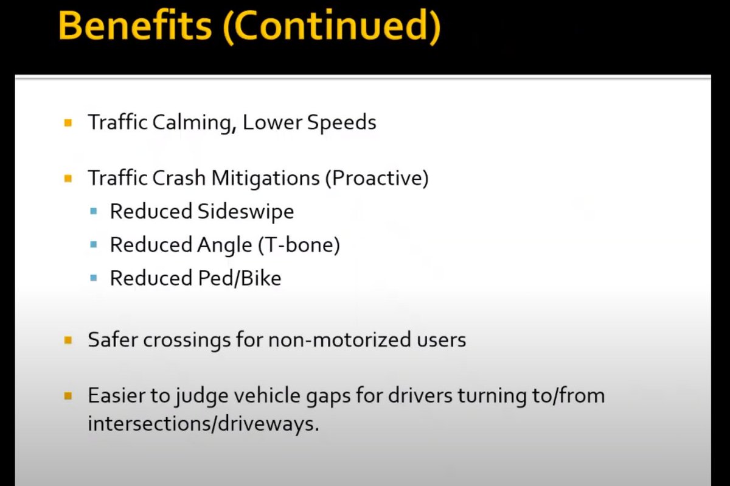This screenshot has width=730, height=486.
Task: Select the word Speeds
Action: (x=341, y=122)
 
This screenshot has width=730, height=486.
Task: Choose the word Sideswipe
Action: (x=245, y=211)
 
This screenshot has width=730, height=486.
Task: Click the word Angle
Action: (x=224, y=245)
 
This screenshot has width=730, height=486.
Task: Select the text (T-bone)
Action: (x=299, y=245)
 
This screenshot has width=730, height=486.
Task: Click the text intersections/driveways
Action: (x=203, y=423)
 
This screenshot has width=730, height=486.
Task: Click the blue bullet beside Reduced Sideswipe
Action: (x=93, y=212)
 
